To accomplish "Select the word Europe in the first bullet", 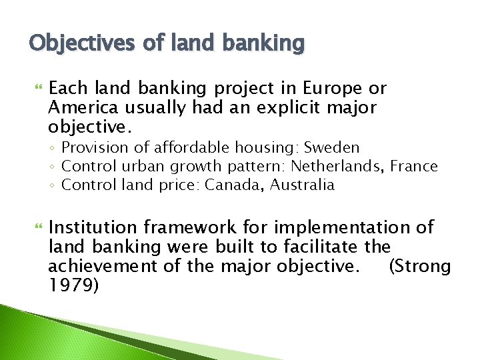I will [x=335, y=89].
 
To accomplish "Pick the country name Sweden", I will [x=331, y=147].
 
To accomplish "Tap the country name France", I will [x=414, y=166].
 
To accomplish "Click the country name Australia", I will [x=303, y=185].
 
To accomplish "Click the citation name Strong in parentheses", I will [x=423, y=267].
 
